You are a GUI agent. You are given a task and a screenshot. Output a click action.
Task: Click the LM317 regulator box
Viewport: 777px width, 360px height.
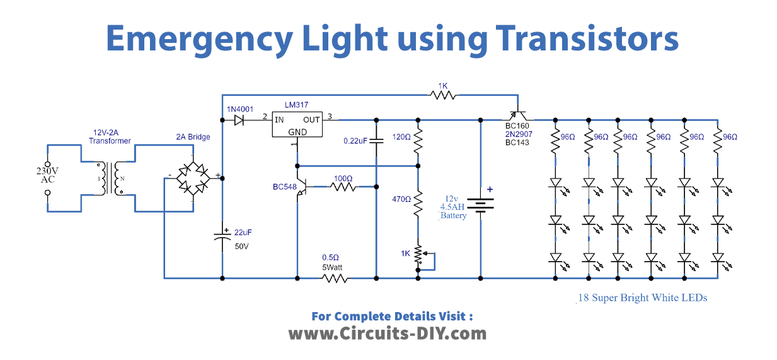[x=297, y=124]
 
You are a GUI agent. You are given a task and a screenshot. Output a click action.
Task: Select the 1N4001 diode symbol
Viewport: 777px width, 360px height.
[x=239, y=119]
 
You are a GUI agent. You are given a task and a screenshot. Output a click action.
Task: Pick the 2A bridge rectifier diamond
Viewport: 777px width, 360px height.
[x=193, y=177]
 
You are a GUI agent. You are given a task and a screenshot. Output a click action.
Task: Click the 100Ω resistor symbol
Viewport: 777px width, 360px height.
[x=343, y=187]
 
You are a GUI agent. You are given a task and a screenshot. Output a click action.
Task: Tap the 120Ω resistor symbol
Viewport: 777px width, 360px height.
[x=417, y=142]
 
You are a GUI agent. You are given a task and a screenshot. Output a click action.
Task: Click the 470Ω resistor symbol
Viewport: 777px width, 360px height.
[x=417, y=206]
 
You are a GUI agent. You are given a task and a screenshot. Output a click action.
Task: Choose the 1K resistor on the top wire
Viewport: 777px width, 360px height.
[x=443, y=95]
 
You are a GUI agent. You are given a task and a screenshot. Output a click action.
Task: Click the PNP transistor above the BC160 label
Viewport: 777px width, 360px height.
[x=518, y=116]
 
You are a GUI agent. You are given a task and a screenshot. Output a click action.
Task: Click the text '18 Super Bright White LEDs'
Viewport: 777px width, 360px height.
[x=643, y=298]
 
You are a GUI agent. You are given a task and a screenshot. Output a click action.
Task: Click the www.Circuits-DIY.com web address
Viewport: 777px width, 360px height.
[x=388, y=334]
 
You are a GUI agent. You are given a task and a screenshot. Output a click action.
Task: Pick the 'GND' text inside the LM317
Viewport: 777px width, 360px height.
[x=297, y=132]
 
